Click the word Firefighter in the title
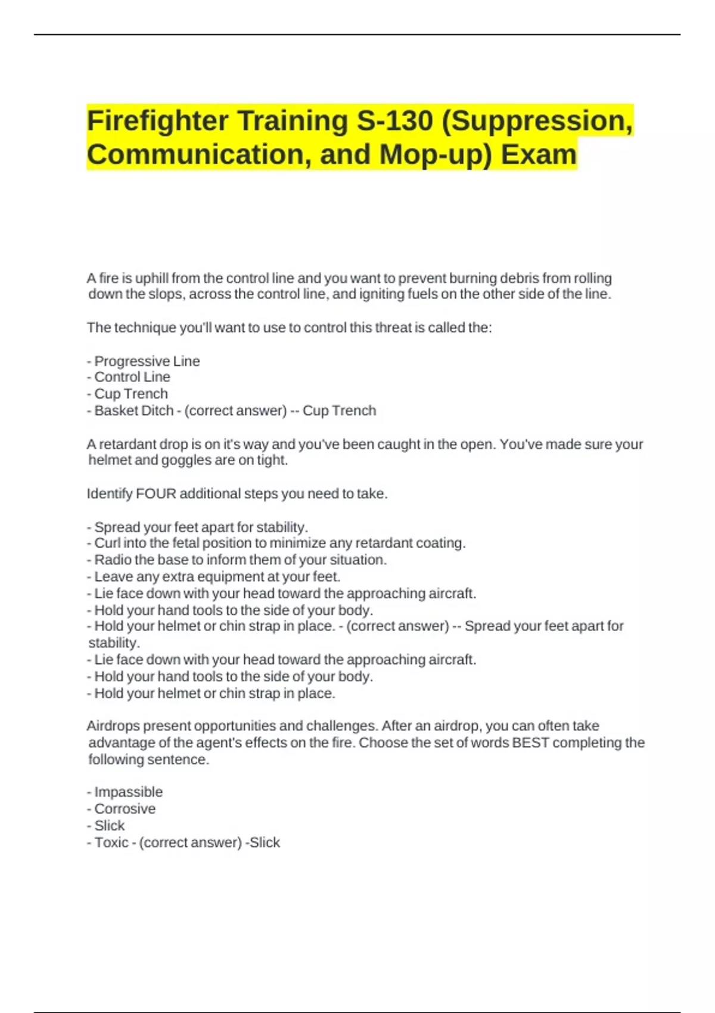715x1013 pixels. tap(157, 121)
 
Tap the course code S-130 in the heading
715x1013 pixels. tap(394, 121)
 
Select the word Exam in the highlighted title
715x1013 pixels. tap(539, 154)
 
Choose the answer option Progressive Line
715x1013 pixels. tap(147, 361)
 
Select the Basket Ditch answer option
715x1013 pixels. tap(133, 411)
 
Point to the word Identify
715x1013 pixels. tap(109, 493)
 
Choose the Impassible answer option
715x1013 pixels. tap(128, 792)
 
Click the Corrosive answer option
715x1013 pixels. tap(125, 809)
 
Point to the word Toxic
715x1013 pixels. tap(111, 843)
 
